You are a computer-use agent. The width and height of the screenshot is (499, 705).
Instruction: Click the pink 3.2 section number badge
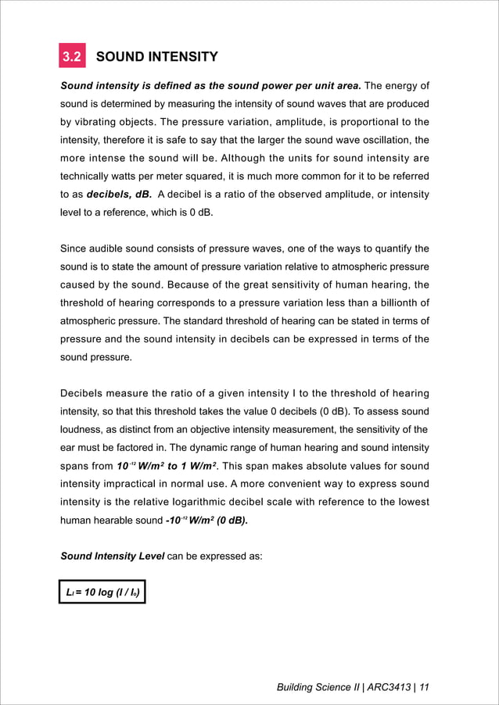click(73, 57)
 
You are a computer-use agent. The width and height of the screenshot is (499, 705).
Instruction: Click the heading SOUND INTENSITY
click(156, 57)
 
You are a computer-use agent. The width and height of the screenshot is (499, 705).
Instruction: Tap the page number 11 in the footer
click(424, 687)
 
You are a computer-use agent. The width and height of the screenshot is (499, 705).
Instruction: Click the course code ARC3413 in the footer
click(389, 687)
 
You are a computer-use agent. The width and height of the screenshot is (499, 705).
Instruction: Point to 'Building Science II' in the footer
click(317, 687)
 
